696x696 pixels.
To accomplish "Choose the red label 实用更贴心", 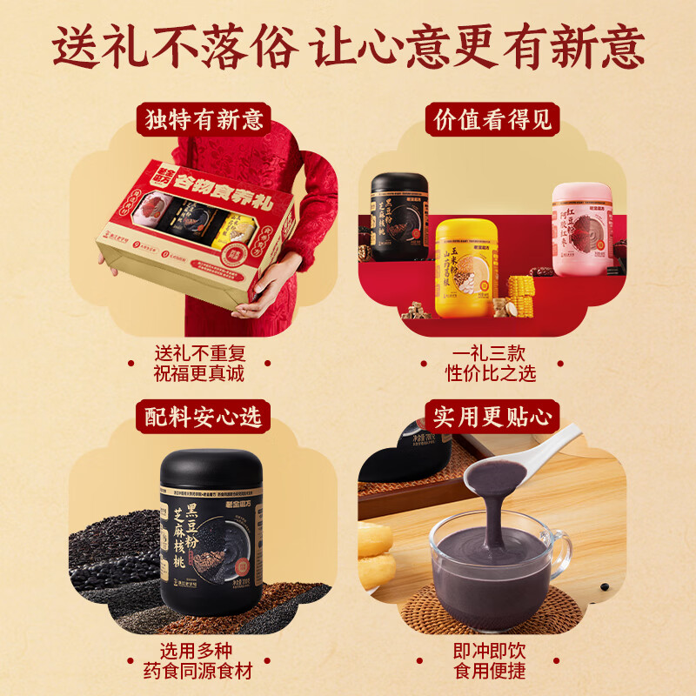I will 493,417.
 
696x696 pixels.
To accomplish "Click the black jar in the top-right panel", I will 399,217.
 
